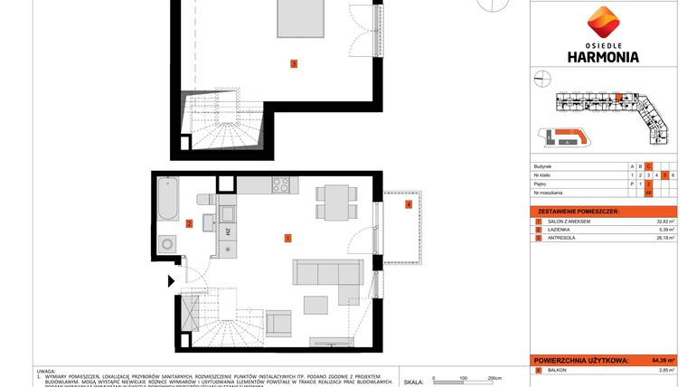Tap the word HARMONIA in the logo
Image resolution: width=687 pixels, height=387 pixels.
(x=601, y=56)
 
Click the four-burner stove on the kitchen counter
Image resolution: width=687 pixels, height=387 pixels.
(x=281, y=187)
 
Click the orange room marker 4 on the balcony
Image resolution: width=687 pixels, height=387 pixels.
(x=409, y=205)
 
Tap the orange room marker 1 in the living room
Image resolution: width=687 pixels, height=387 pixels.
(x=287, y=239)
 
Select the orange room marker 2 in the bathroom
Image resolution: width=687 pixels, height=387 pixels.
(x=189, y=223)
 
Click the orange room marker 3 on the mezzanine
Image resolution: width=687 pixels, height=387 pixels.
(x=293, y=63)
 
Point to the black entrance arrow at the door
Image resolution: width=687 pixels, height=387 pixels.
(x=172, y=281)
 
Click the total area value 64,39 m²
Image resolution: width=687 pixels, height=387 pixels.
(x=663, y=360)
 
